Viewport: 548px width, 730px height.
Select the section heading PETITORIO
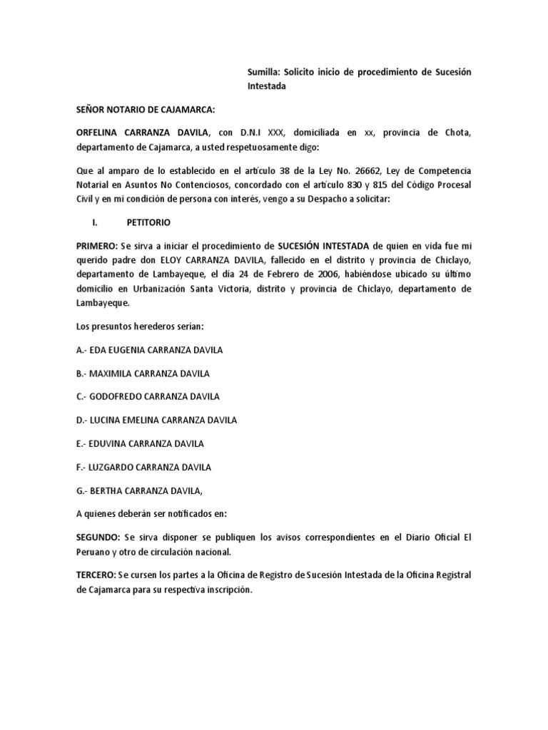(x=149, y=222)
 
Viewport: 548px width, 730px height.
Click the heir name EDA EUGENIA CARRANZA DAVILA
(x=149, y=350)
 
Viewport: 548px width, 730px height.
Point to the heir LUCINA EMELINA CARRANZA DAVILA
(x=156, y=420)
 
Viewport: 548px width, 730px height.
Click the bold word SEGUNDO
(x=98, y=536)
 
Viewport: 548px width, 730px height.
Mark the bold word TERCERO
(x=98, y=575)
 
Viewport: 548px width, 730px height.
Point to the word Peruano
(x=93, y=552)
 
